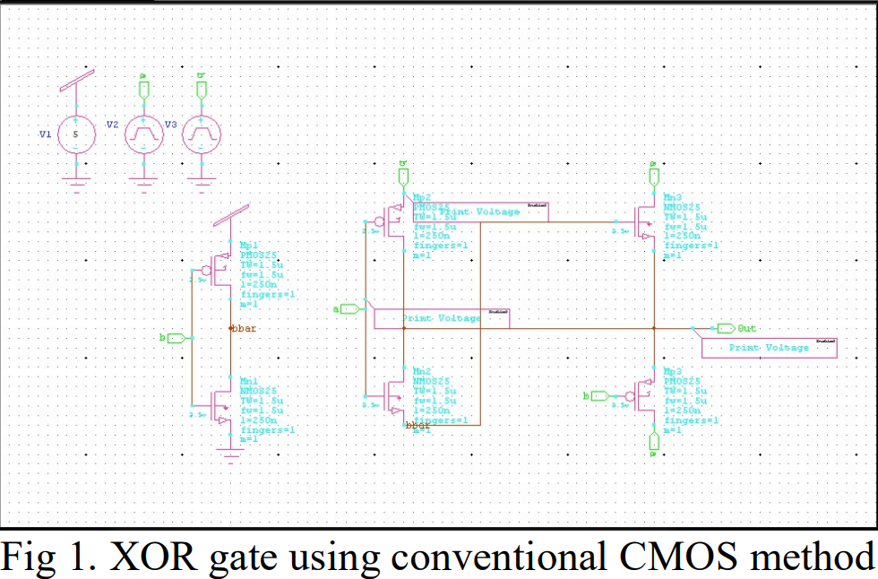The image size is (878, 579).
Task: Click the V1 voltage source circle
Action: (76, 135)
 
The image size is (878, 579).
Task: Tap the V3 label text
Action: (171, 125)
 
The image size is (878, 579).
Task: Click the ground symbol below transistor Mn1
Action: (232, 458)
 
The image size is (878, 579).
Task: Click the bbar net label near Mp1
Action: (244, 329)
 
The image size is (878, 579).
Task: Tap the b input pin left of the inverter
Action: (176, 338)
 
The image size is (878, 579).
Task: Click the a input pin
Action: (349, 309)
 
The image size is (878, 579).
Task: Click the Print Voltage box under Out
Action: (769, 348)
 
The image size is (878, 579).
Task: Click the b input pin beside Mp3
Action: (600, 395)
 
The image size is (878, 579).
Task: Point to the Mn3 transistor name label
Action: (673, 196)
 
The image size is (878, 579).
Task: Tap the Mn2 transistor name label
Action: (423, 371)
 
